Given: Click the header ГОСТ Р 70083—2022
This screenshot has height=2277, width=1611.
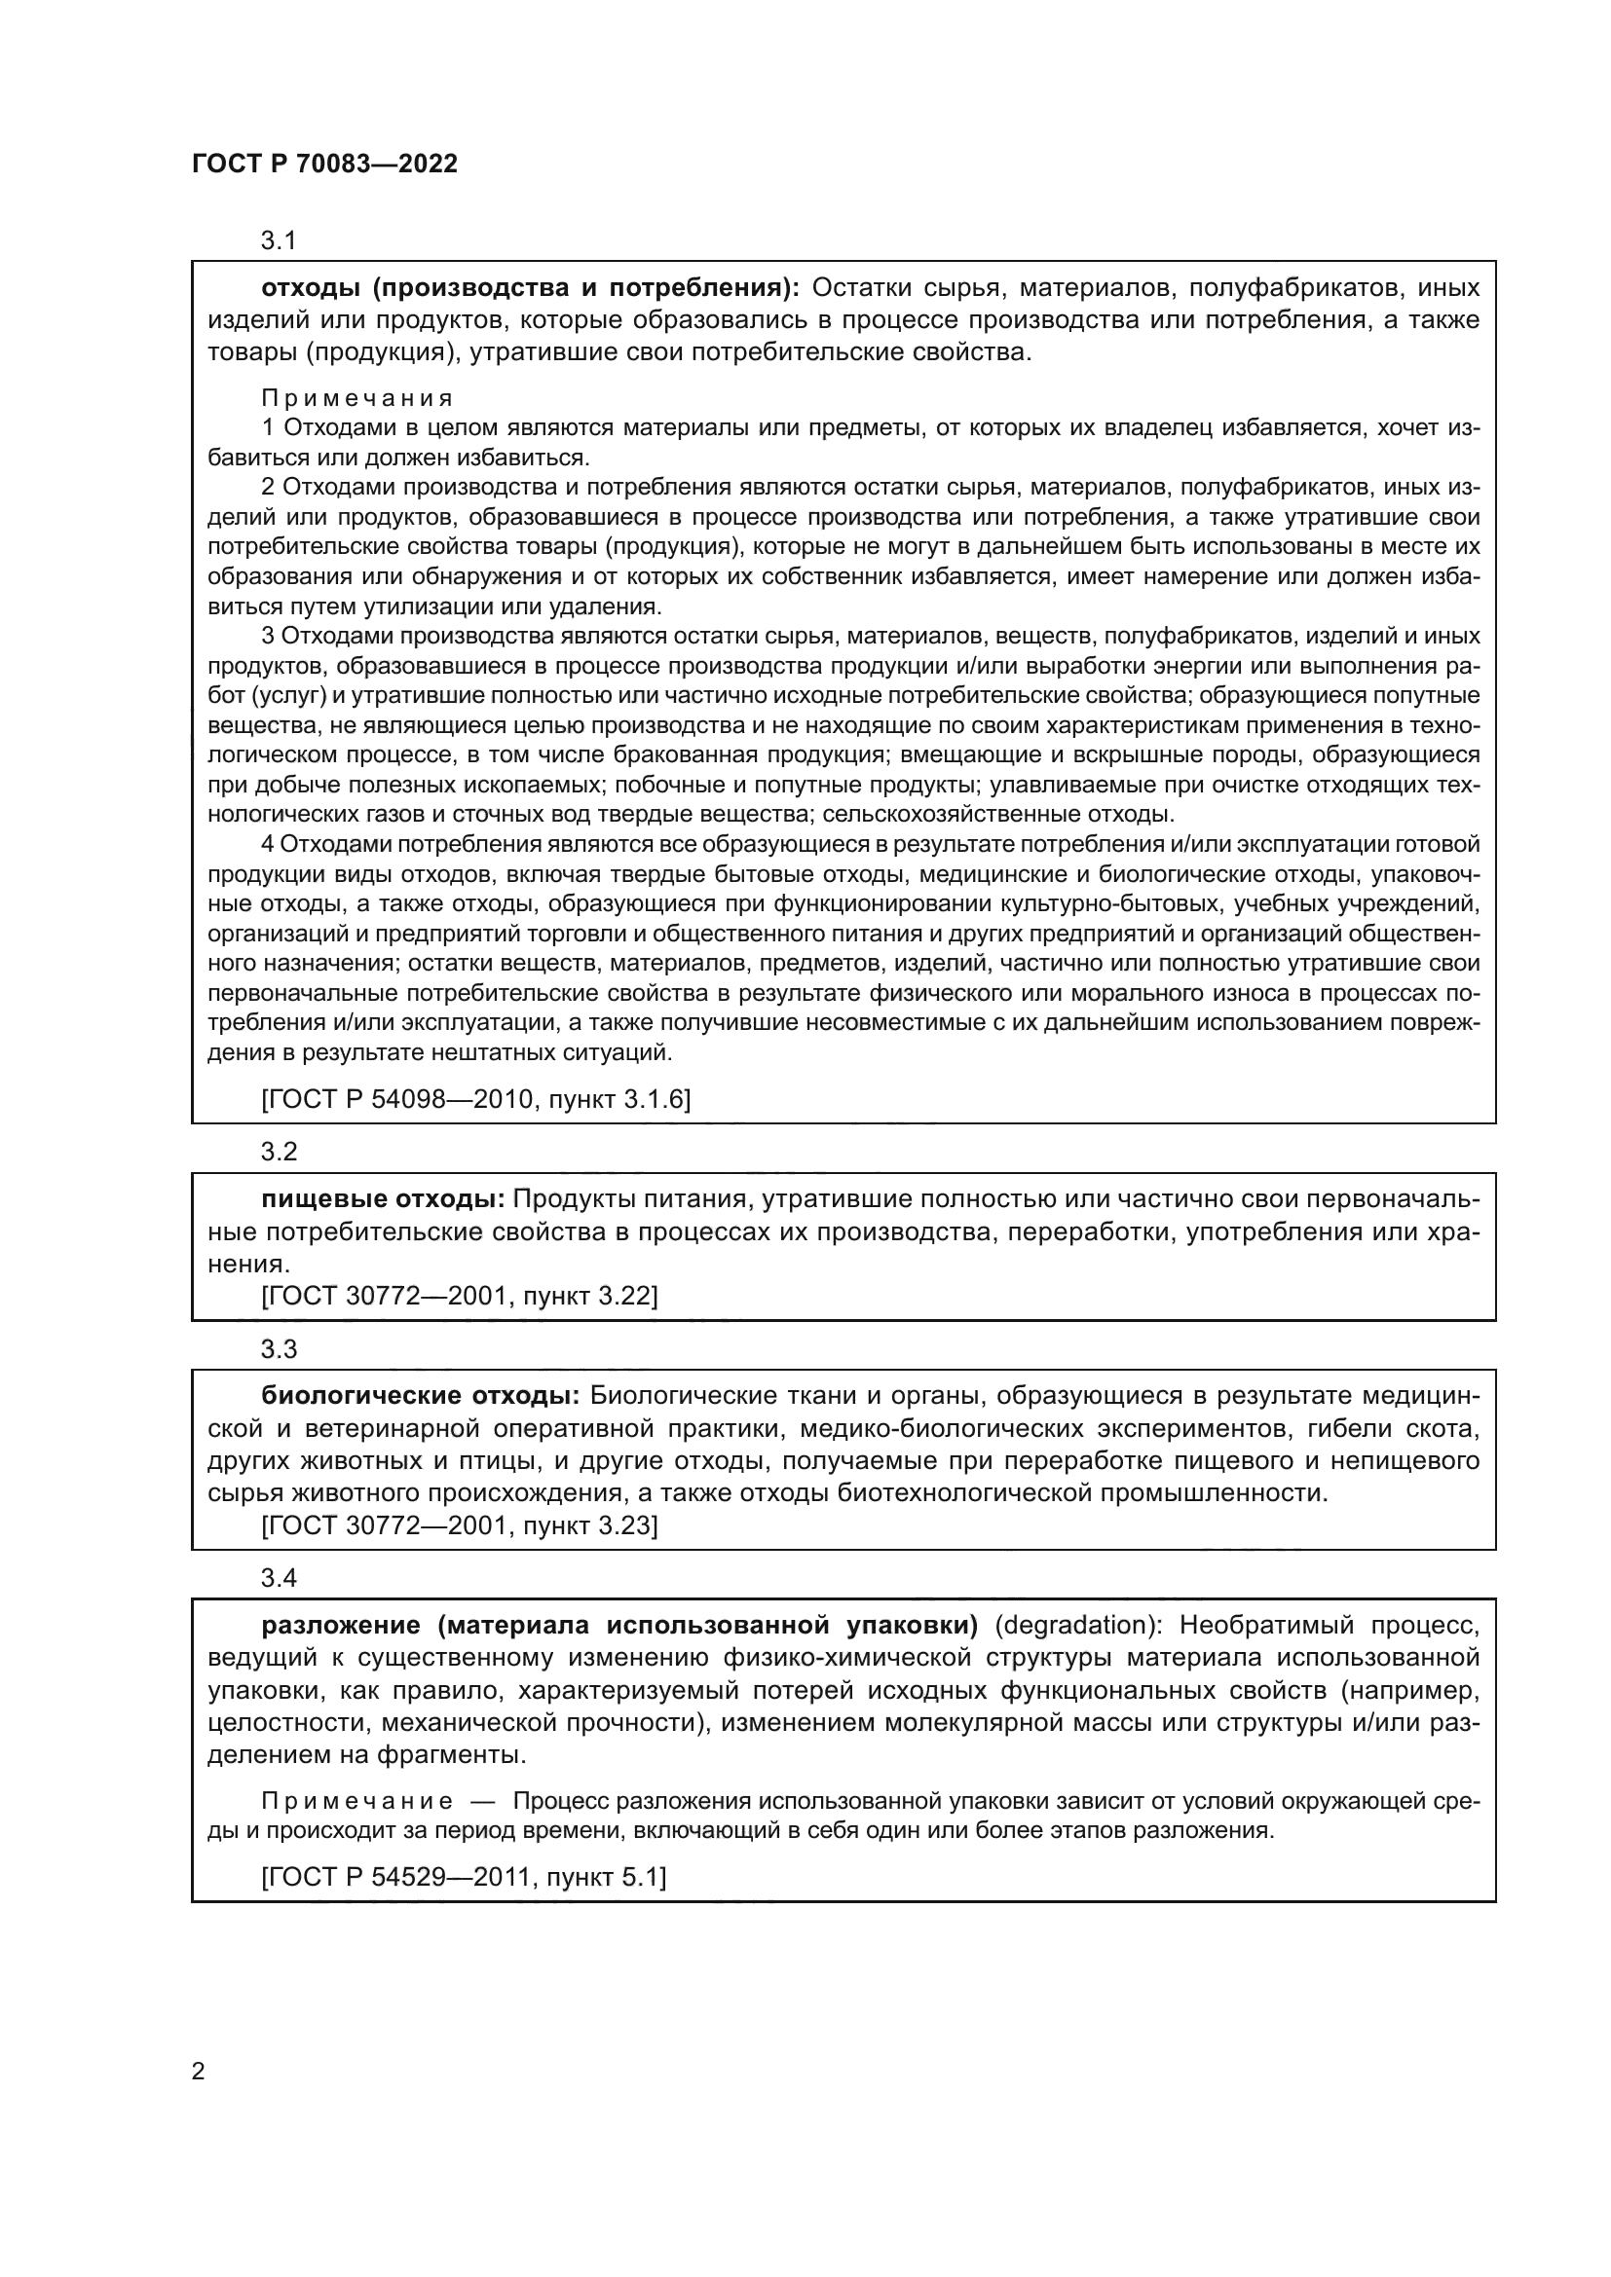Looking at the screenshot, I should (x=324, y=165).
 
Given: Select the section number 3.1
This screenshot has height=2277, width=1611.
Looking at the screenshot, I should (x=279, y=240).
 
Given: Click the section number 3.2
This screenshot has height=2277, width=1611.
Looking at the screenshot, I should (x=279, y=1152).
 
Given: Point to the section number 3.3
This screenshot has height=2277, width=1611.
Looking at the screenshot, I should (x=279, y=1348).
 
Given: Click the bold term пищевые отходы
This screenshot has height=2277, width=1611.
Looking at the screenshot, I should (x=383, y=1199).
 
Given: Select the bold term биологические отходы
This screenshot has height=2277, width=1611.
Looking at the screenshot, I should (x=420, y=1396).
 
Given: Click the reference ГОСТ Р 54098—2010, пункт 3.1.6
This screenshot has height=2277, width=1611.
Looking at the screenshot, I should (x=476, y=1099).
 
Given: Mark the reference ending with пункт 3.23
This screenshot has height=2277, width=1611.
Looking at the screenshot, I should (x=460, y=1524).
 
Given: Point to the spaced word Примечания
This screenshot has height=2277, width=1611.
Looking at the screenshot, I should (x=357, y=398).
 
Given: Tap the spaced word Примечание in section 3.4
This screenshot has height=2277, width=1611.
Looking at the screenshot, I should (x=357, y=1801).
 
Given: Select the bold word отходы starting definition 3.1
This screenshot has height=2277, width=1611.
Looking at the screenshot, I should (x=311, y=287).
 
